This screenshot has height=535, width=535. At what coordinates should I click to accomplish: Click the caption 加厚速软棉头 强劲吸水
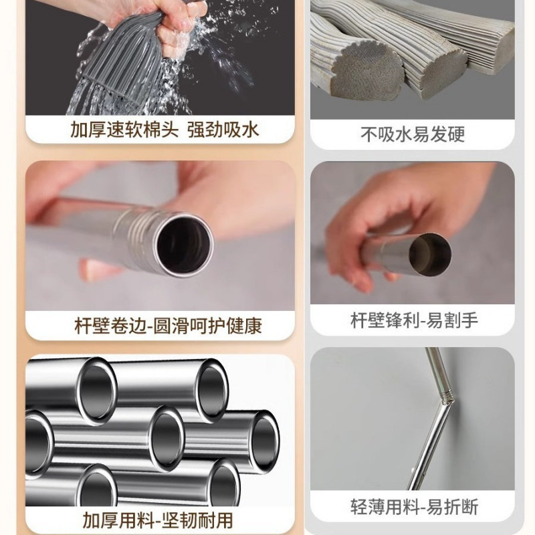[x=164, y=129]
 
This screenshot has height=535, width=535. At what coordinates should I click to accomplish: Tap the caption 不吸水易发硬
[x=412, y=134]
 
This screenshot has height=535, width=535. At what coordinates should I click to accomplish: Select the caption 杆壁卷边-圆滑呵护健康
[x=167, y=326]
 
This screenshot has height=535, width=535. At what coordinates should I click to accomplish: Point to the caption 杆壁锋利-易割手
[x=414, y=321]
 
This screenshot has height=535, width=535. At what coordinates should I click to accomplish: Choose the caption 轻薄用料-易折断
[x=414, y=507]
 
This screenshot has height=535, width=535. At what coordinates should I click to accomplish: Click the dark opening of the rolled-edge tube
[x=184, y=244]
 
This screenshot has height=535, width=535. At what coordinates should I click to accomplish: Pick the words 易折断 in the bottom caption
[x=455, y=507]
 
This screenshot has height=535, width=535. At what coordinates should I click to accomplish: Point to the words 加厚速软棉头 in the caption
[x=125, y=129]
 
